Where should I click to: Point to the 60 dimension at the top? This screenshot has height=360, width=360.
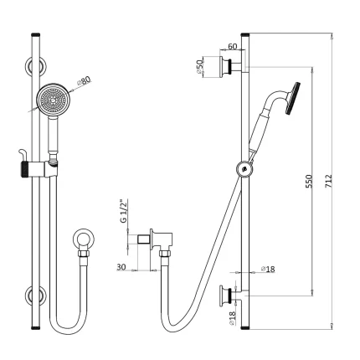232,48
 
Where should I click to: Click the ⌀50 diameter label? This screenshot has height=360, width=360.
201,65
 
